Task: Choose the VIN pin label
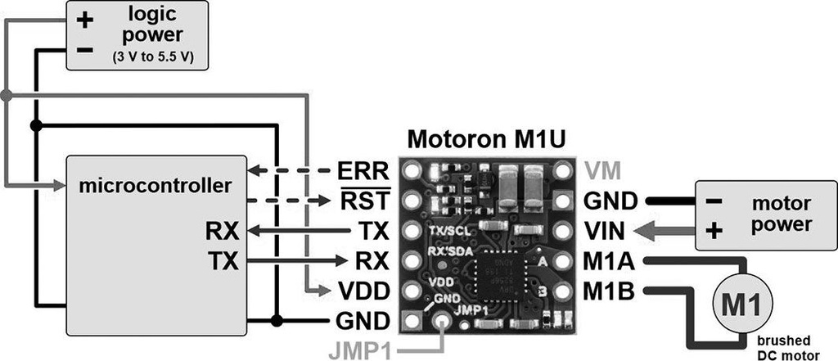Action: click(607, 231)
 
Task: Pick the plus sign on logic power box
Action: click(85, 20)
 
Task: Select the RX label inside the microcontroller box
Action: click(223, 231)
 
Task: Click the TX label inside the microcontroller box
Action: click(223, 261)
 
